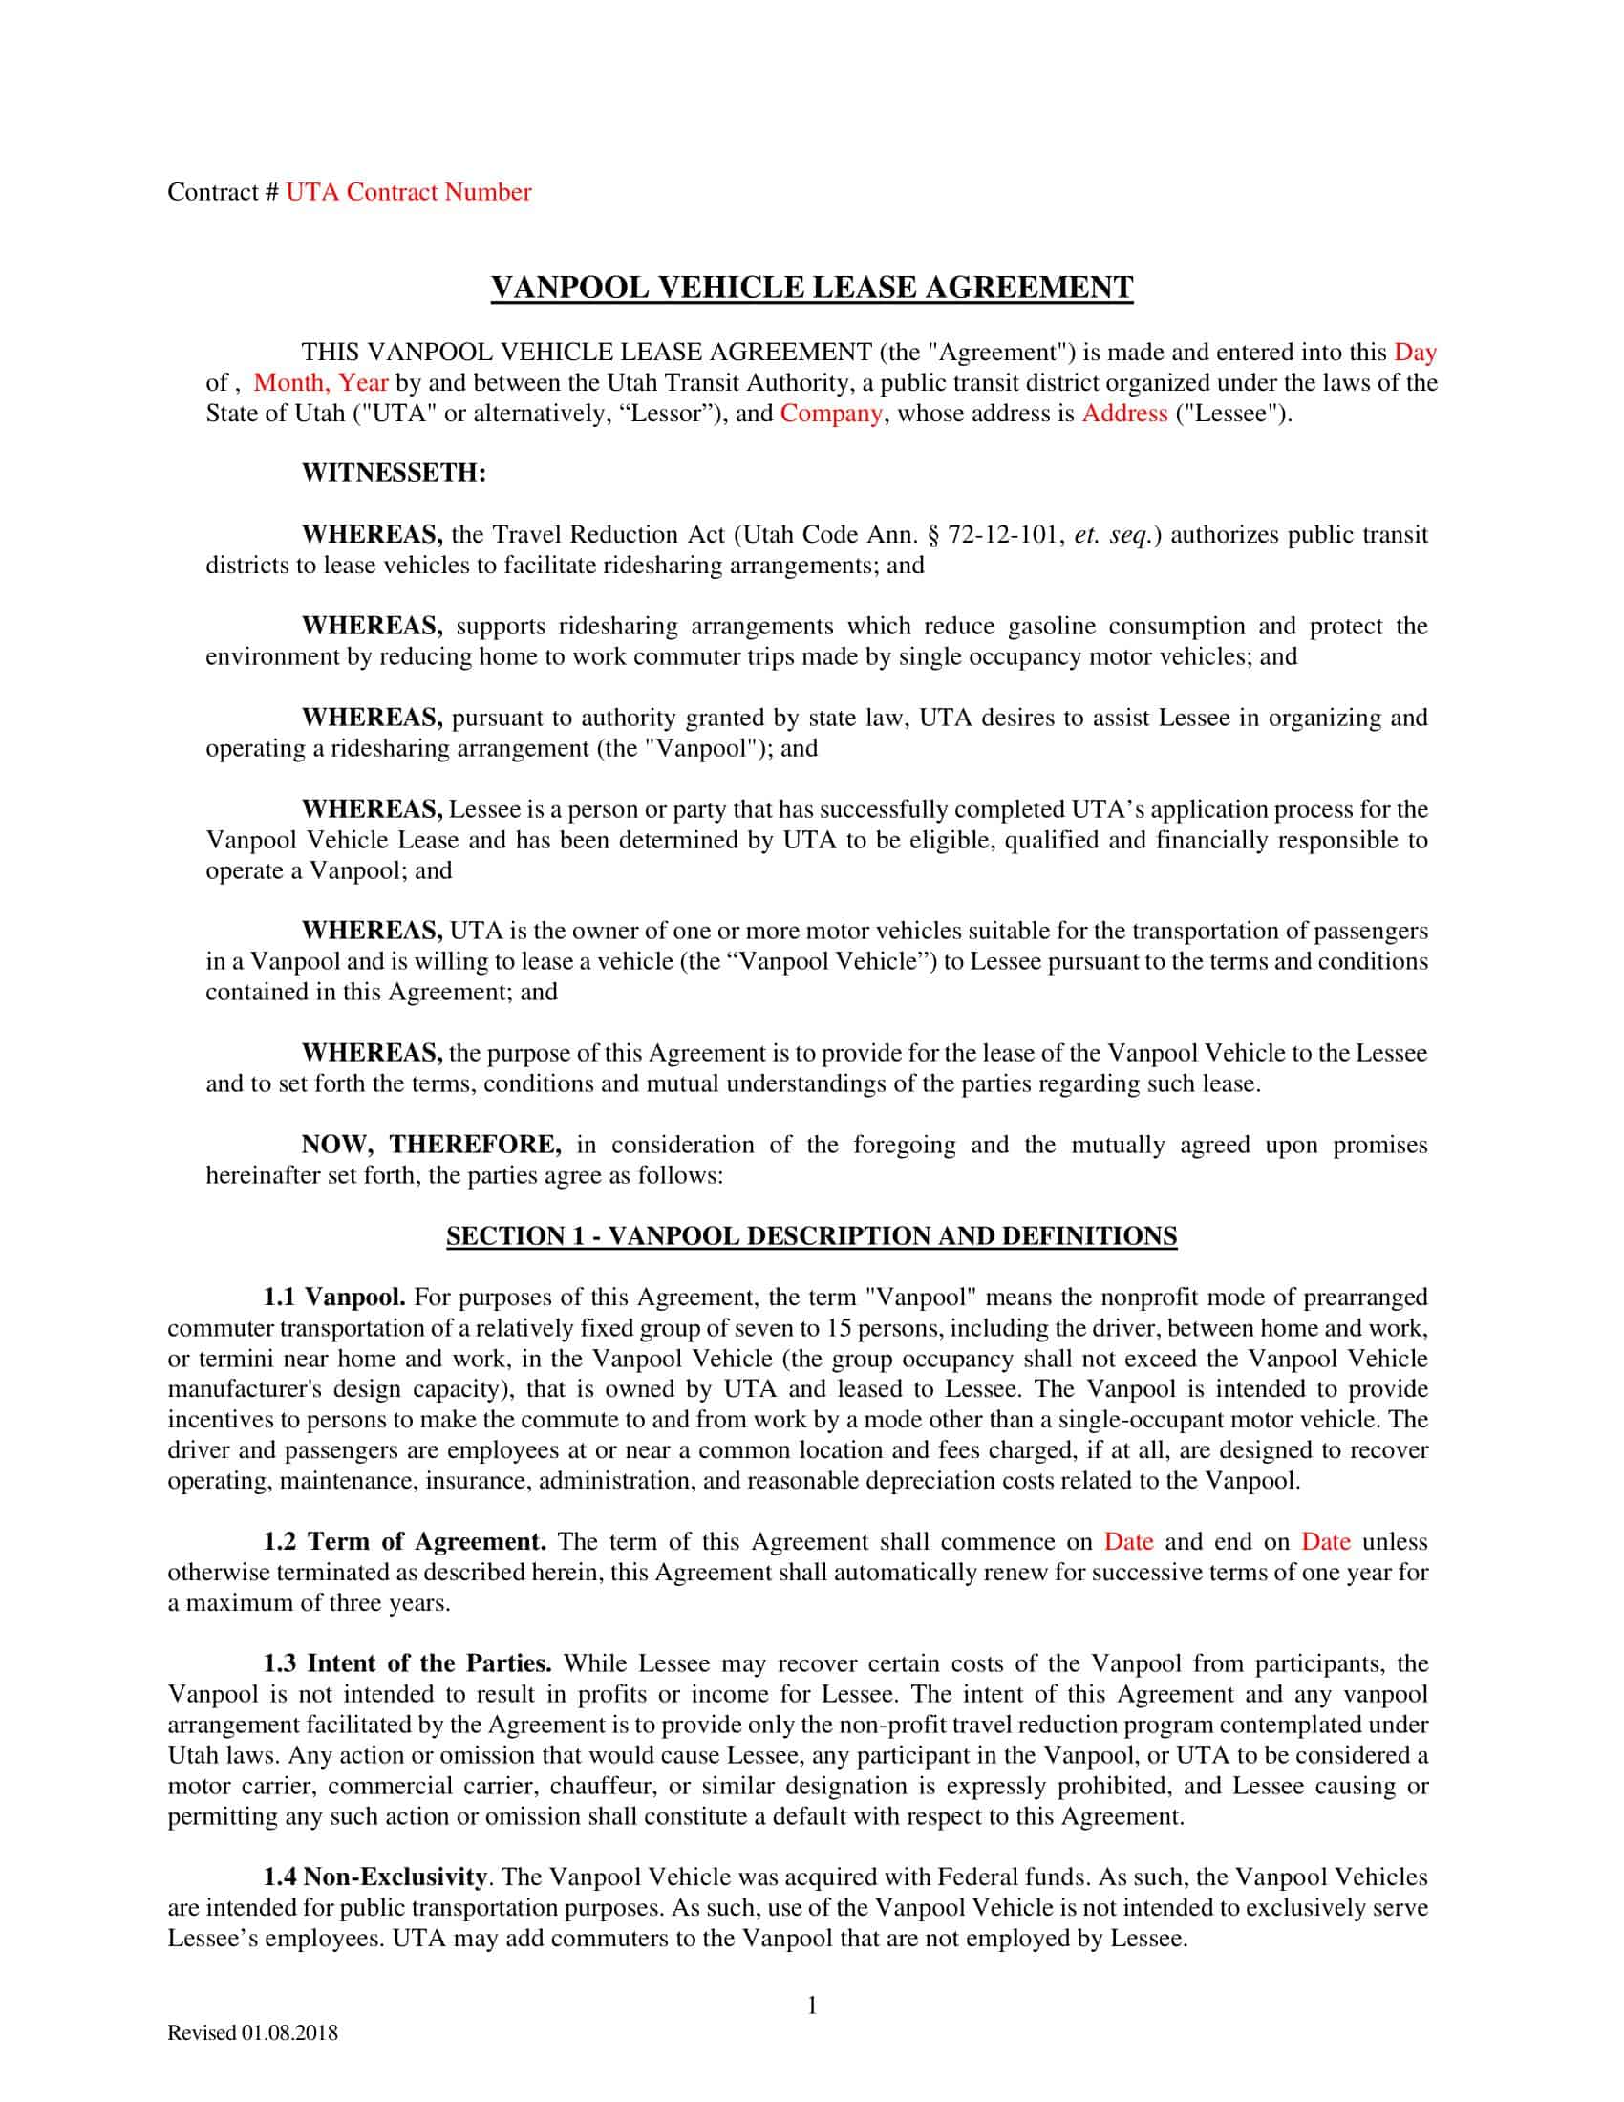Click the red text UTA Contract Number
click(408, 192)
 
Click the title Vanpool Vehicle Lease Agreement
click(812, 288)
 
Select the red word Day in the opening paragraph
click(1414, 353)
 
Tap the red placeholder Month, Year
click(320, 383)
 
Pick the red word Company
click(830, 414)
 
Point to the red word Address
click(1124, 414)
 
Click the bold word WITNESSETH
click(394, 474)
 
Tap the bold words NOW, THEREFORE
click(431, 1146)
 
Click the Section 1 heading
click(811, 1236)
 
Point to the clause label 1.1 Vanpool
click(335, 1298)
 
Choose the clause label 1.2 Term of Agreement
click(405, 1542)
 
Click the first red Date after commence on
click(1128, 1542)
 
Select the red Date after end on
click(1326, 1542)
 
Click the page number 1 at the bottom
click(811, 2005)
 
